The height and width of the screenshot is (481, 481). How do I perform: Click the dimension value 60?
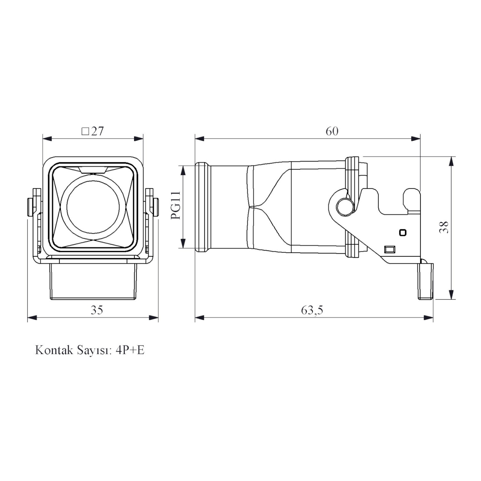[x=332, y=131]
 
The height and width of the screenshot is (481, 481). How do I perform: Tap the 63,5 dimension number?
[x=312, y=310]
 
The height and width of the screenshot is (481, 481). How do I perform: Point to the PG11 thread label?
[x=176, y=205]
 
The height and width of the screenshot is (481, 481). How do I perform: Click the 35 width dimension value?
[x=97, y=310]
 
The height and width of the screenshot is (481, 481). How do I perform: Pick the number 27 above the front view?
[x=97, y=131]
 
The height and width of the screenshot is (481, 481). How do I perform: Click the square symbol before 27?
[x=85, y=131]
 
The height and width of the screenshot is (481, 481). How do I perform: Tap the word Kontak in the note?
[x=54, y=350]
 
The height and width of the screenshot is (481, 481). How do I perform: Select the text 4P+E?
[x=130, y=350]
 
